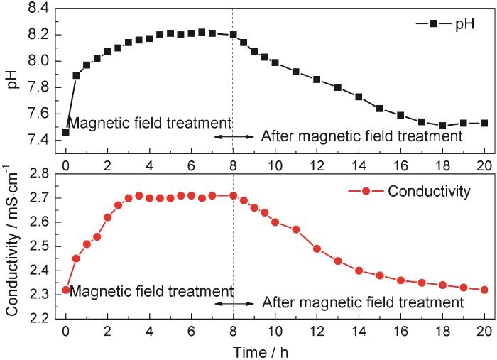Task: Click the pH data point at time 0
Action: point(66,132)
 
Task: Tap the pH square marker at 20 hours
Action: point(484,123)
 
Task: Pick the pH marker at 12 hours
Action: point(317,80)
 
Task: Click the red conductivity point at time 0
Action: point(66,290)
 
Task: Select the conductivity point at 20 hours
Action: point(484,290)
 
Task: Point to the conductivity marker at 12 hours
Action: point(317,249)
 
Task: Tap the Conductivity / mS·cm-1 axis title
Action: point(12,246)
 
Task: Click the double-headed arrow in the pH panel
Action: point(233,136)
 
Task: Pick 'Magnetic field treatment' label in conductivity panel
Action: point(151,291)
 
